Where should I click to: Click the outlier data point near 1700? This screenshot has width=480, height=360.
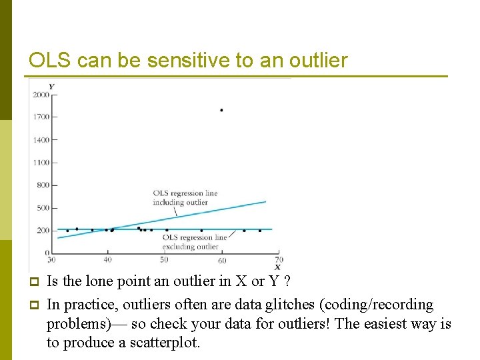(221, 110)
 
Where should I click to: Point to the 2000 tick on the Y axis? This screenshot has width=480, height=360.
(41, 95)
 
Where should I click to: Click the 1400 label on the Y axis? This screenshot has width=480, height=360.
(41, 140)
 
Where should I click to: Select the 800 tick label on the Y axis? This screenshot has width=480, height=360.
(42, 185)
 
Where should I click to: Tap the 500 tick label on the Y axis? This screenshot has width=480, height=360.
(42, 208)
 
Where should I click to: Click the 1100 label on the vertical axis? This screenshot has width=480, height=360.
(41, 163)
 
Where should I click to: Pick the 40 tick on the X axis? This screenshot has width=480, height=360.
(108, 260)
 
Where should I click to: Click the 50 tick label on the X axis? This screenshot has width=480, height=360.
(164, 260)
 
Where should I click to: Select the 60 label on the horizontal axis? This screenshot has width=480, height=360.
(222, 260)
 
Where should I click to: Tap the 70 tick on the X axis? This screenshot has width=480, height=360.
(279, 259)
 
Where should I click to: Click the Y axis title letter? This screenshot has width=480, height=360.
(51, 86)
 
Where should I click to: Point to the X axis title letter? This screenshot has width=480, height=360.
(277, 267)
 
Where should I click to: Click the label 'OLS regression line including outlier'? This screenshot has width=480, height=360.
(185, 198)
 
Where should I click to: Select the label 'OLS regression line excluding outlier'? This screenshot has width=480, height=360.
(195, 242)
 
